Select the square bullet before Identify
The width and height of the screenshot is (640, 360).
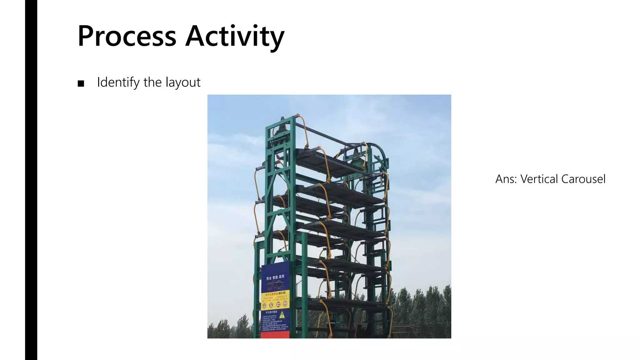[x=81, y=83]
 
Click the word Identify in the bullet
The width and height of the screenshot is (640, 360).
[x=118, y=82]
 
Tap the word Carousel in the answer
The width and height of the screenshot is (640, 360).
[x=583, y=179]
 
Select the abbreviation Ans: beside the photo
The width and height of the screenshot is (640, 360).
[x=506, y=179]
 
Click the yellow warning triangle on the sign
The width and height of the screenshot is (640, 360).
[x=282, y=315]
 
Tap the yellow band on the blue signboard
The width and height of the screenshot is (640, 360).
[x=275, y=299]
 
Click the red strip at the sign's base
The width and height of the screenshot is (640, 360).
[x=275, y=335]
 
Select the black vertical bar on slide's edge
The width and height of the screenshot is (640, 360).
[x=31, y=180]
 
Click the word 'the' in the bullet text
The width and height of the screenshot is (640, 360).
[x=152, y=82]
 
